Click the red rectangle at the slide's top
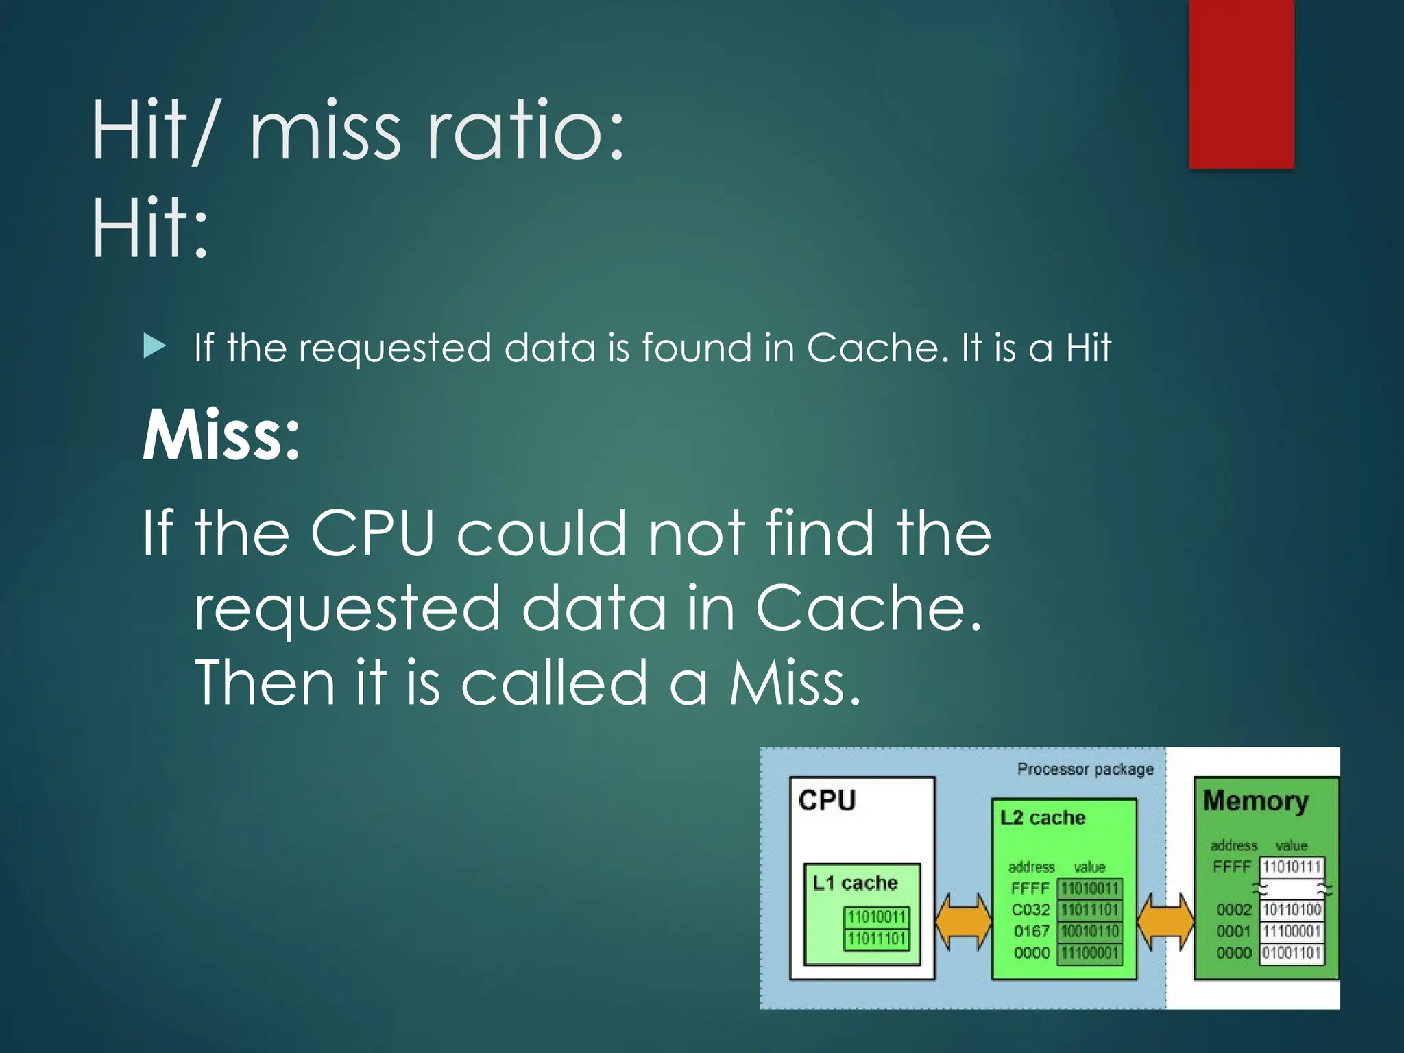click(1241, 84)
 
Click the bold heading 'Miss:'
click(221, 435)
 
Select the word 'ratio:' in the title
click(525, 130)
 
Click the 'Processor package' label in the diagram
click(1085, 769)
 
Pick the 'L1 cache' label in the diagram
click(855, 883)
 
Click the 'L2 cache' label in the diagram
click(1043, 818)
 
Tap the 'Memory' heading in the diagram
click(1255, 801)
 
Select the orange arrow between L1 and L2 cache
click(963, 921)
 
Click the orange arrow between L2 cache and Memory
click(1165, 921)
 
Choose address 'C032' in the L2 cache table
click(1030, 910)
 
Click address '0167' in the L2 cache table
click(1031, 932)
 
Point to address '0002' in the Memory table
click(1233, 910)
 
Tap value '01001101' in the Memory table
click(1292, 953)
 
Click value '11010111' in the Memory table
click(1292, 867)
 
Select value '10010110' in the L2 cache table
click(1090, 932)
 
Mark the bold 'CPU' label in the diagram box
click(827, 801)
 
